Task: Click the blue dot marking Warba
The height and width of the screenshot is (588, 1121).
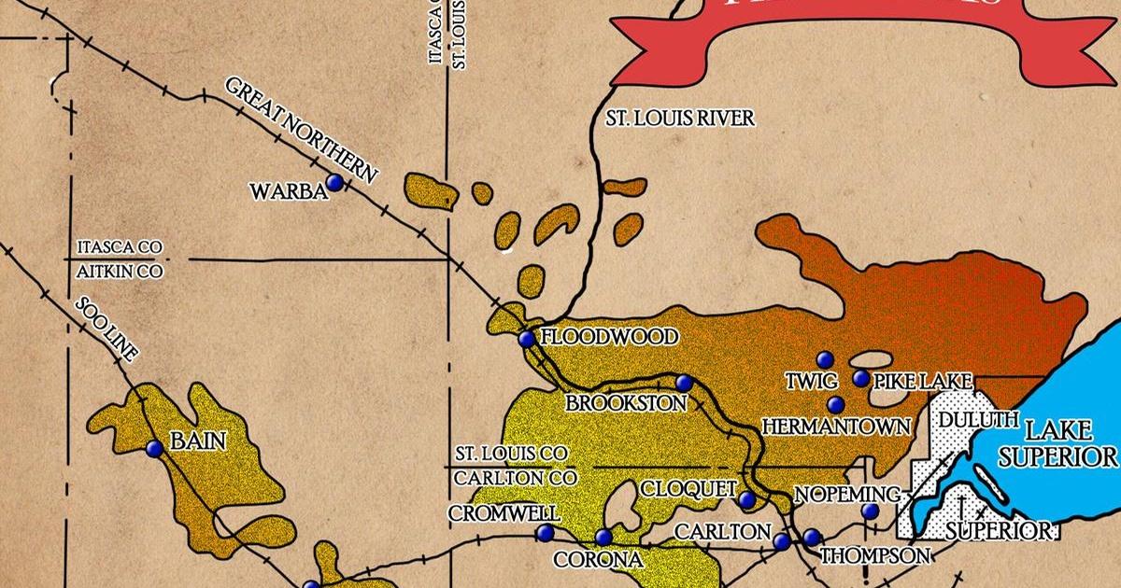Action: coord(333,182)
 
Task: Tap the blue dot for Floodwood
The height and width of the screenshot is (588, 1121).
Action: coord(527,340)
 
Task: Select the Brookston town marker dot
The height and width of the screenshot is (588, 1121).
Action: coord(684,382)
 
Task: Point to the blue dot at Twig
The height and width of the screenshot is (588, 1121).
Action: coord(824,359)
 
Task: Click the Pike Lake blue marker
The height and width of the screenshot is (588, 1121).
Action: coord(861,378)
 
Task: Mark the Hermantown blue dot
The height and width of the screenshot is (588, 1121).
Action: coord(835,404)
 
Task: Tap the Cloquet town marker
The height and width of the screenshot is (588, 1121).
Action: coord(746,500)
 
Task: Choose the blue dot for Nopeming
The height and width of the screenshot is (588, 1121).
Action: coord(870,511)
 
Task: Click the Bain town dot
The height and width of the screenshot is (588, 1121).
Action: coord(154,449)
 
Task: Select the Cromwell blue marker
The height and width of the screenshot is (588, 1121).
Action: coord(545,533)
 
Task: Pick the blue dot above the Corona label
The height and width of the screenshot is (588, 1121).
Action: coord(603,537)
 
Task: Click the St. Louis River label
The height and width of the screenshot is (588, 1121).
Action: coord(679,119)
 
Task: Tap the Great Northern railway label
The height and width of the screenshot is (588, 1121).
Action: coord(301,130)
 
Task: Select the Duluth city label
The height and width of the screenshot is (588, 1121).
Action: coord(977,421)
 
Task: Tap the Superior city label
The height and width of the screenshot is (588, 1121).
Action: coord(998,531)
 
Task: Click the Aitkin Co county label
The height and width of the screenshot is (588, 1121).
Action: coord(120,272)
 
